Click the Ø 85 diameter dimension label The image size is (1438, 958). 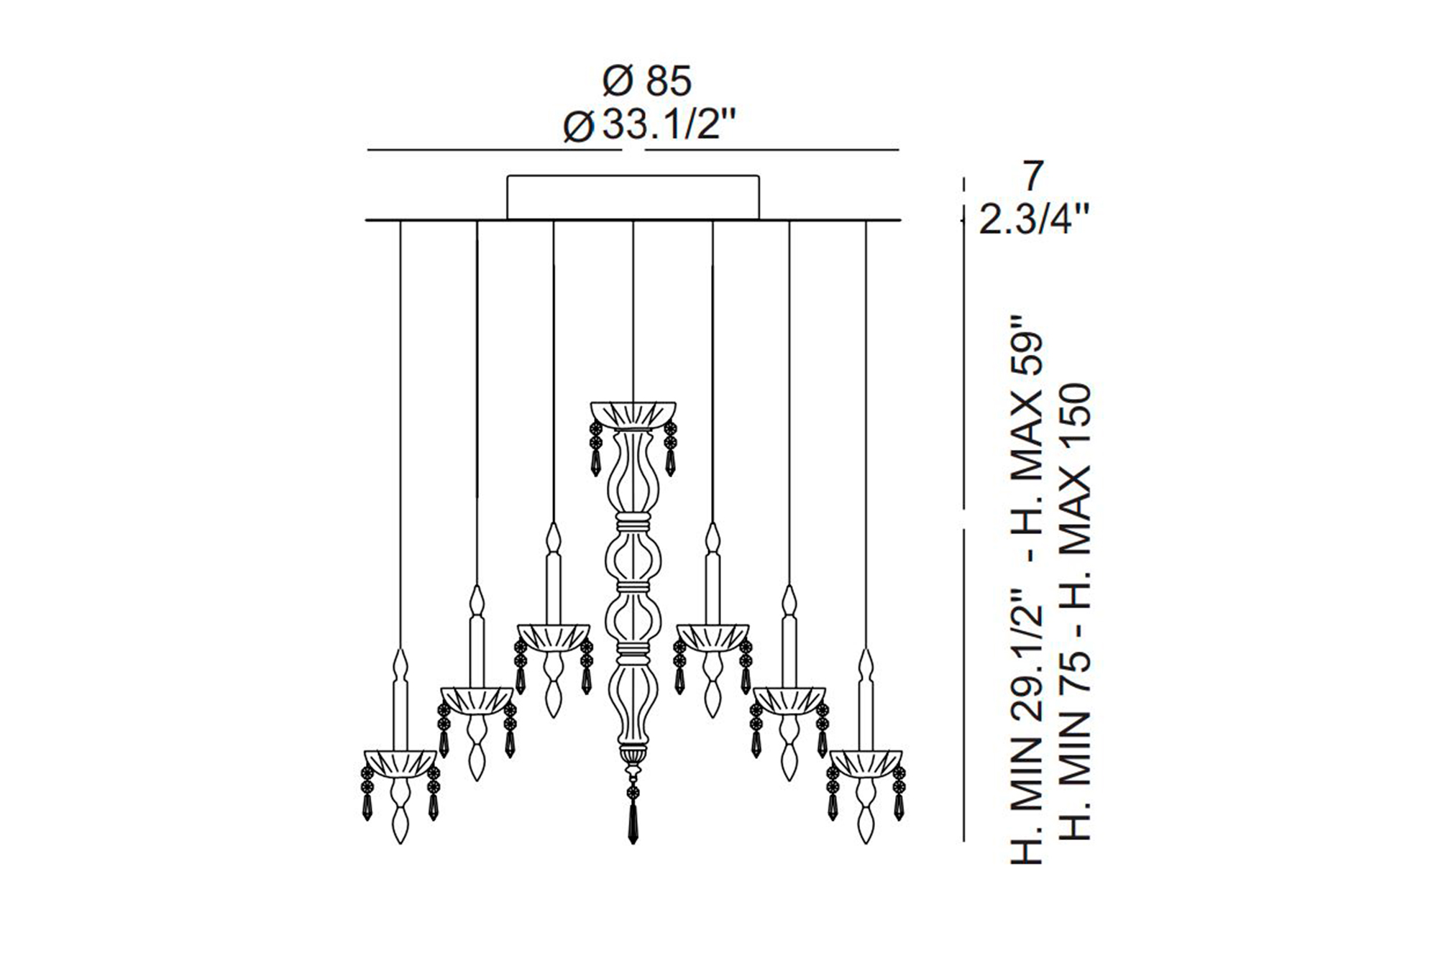tap(646, 80)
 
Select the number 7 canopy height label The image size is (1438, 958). tap(1032, 177)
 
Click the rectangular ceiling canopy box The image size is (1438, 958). tap(633, 196)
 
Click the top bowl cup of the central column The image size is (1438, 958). tap(633, 415)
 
